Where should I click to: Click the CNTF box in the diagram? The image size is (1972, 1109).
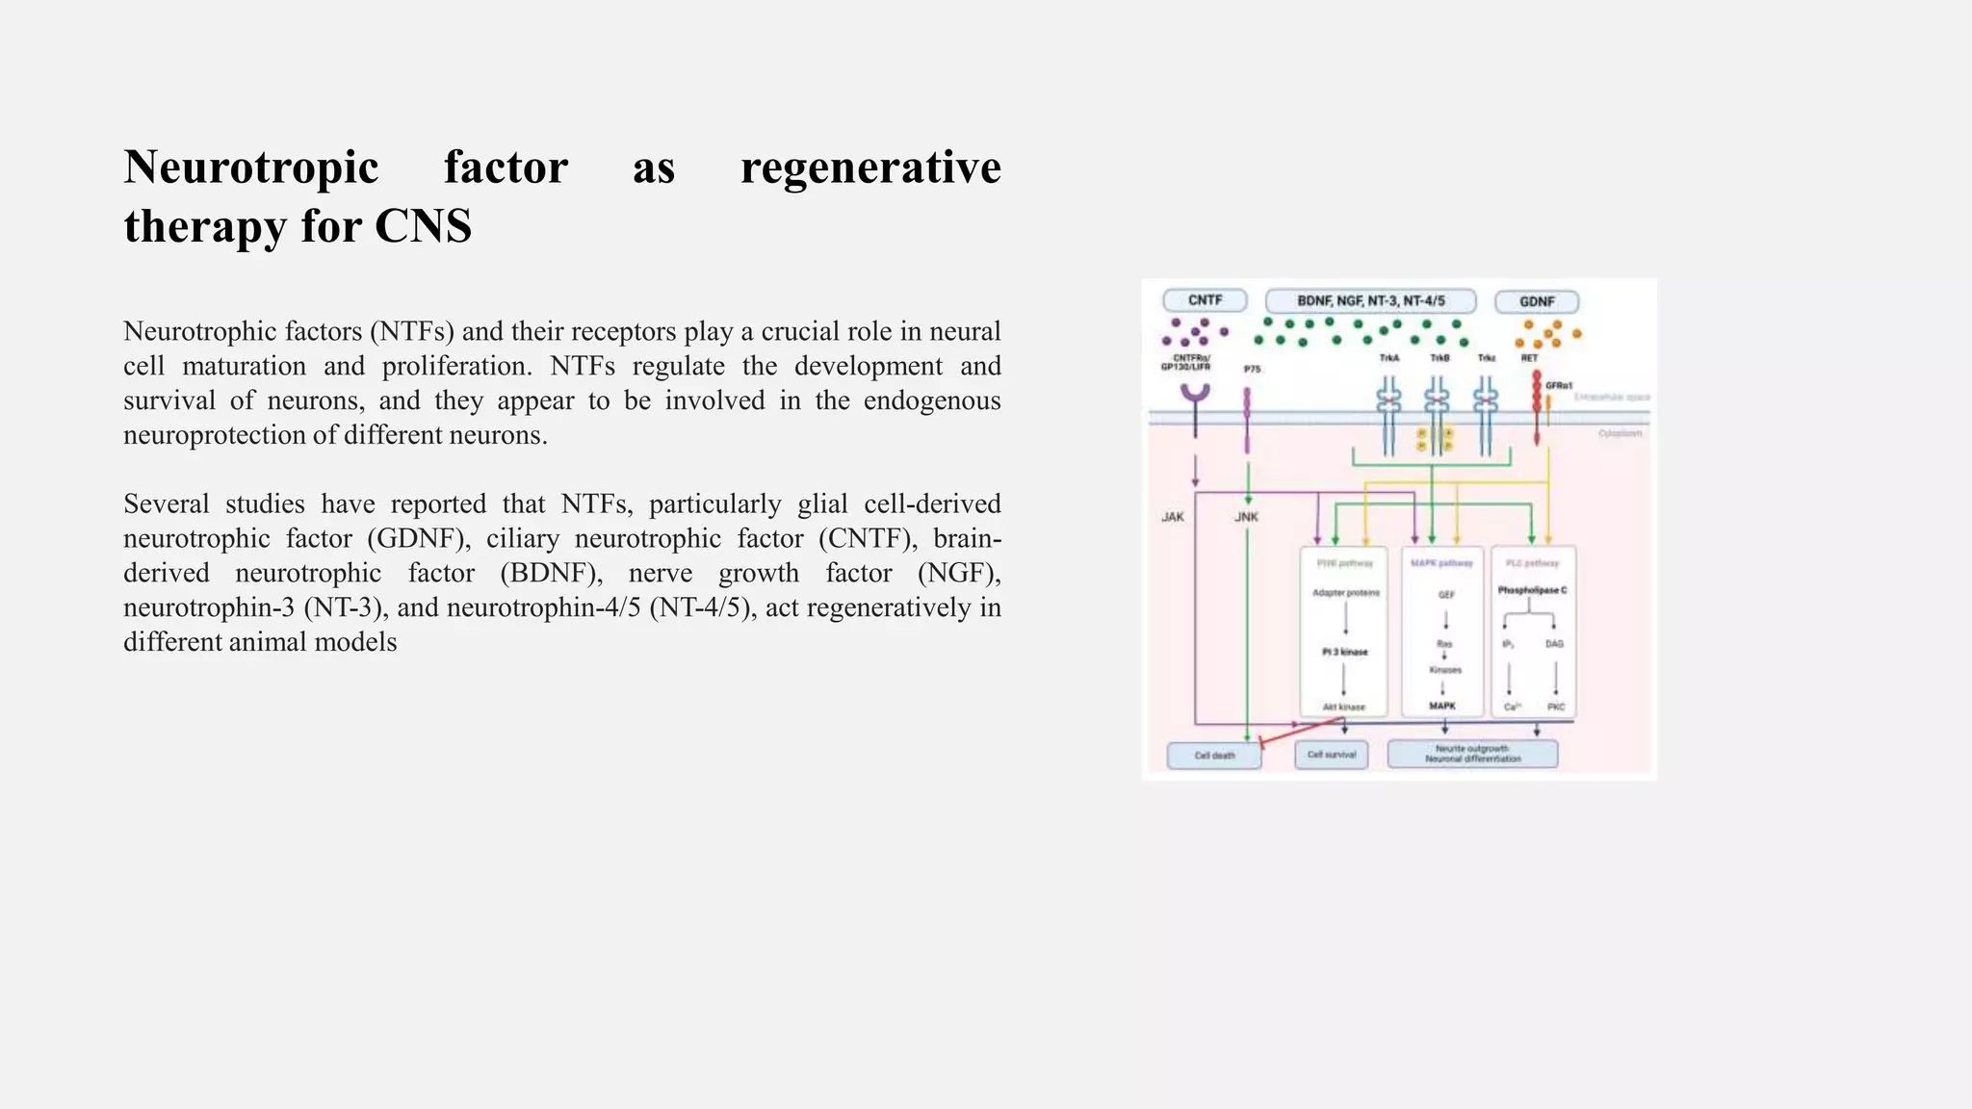[x=1205, y=300]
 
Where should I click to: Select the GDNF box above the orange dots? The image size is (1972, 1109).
[x=1537, y=301]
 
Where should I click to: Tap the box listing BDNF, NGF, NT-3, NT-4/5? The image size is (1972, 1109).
[x=1370, y=300]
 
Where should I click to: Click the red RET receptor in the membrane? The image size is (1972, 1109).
[x=1536, y=404]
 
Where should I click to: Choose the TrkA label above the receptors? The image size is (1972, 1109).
[x=1388, y=358]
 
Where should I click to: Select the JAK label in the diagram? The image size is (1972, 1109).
[x=1173, y=517]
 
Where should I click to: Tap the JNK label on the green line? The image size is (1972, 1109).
[x=1246, y=517]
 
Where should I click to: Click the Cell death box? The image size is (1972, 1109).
[x=1214, y=756]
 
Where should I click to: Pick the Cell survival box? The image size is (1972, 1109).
[x=1332, y=754]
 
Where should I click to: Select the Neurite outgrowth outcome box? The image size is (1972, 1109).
[x=1472, y=754]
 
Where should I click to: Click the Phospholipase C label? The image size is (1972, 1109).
[x=1532, y=590]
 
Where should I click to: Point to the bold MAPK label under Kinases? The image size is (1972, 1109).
[x=1442, y=706]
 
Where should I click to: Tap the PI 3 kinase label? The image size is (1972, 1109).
[x=1344, y=652]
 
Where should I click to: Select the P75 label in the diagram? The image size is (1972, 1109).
[x=1252, y=369]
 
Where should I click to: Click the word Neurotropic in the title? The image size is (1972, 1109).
[x=251, y=168]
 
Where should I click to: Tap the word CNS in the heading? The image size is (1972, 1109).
[x=423, y=227]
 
